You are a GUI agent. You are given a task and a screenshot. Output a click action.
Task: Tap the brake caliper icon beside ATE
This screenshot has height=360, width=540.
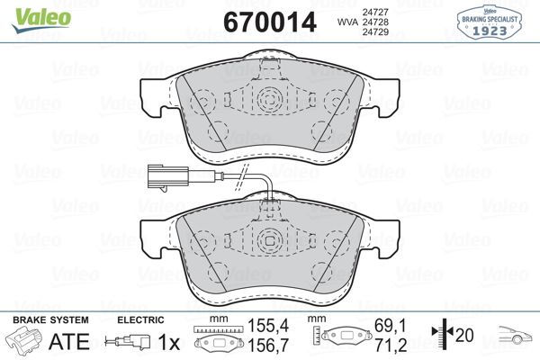click(x=24, y=342)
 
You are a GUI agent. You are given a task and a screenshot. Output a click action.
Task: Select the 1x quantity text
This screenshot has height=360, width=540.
click(x=167, y=342)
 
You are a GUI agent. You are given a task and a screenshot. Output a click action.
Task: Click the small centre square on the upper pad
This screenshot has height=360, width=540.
click(x=269, y=100)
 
